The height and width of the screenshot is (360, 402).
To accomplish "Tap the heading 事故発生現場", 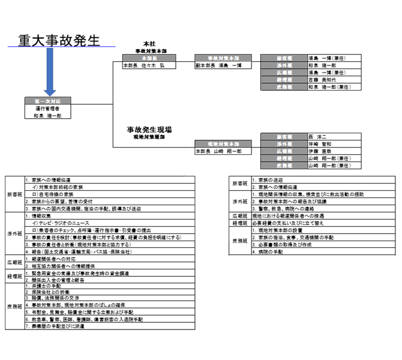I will pos(149,130).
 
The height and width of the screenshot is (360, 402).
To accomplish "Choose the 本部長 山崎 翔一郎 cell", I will pos(215,152).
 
